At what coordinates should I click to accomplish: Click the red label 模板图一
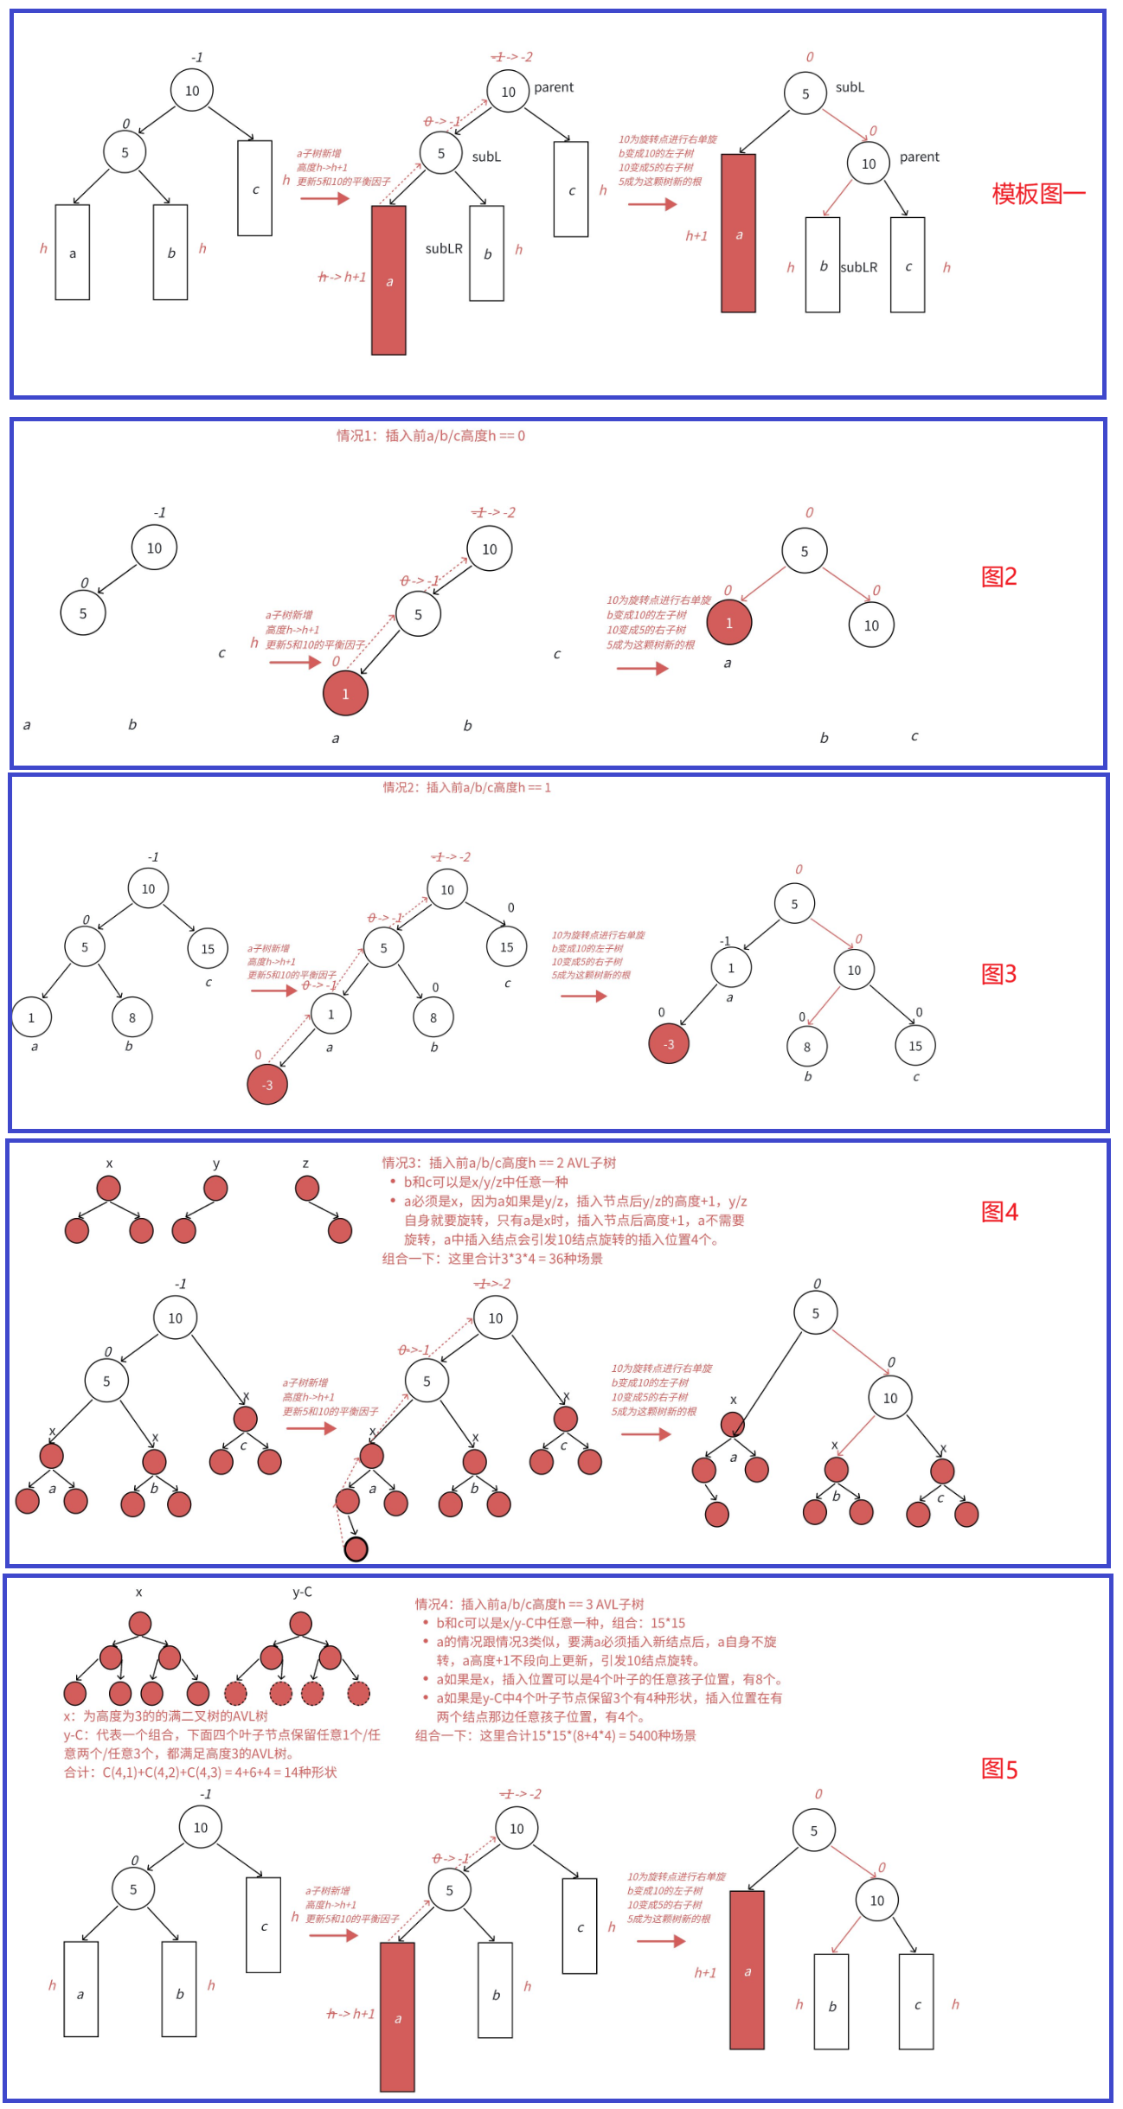[x=1037, y=194]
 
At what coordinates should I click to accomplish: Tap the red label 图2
[x=999, y=577]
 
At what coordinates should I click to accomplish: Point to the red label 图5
[x=999, y=1769]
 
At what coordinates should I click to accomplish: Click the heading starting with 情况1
[x=430, y=436]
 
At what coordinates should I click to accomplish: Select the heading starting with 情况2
[x=466, y=787]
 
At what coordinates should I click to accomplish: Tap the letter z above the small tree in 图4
[x=305, y=1163]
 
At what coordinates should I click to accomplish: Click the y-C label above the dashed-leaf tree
[x=302, y=1592]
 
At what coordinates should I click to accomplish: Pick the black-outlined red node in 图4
[x=356, y=1548]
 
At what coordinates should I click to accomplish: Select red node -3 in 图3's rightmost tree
[x=669, y=1044]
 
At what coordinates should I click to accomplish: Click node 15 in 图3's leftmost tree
[x=208, y=949]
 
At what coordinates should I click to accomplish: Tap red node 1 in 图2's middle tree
[x=345, y=693]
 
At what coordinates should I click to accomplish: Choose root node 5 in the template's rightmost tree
[x=805, y=93]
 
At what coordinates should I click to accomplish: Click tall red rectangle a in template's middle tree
[x=388, y=280]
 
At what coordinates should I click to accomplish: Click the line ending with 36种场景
[x=492, y=1259]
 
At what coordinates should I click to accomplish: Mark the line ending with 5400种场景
[x=555, y=1735]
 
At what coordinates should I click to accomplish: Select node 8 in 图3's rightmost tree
[x=807, y=1047]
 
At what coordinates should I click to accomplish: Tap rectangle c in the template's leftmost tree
[x=254, y=189]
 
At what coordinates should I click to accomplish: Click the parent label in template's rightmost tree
[x=919, y=157]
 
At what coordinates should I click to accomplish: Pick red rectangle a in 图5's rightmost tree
[x=747, y=1970]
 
